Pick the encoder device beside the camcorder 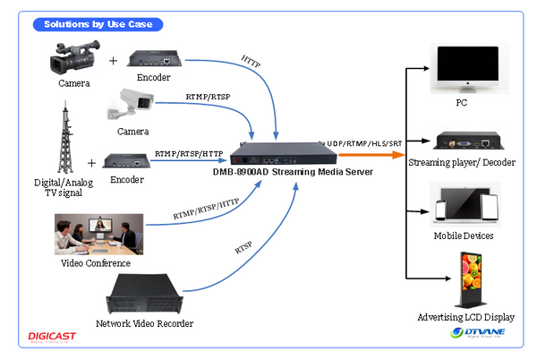click(x=158, y=59)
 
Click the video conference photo click(x=98, y=234)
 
